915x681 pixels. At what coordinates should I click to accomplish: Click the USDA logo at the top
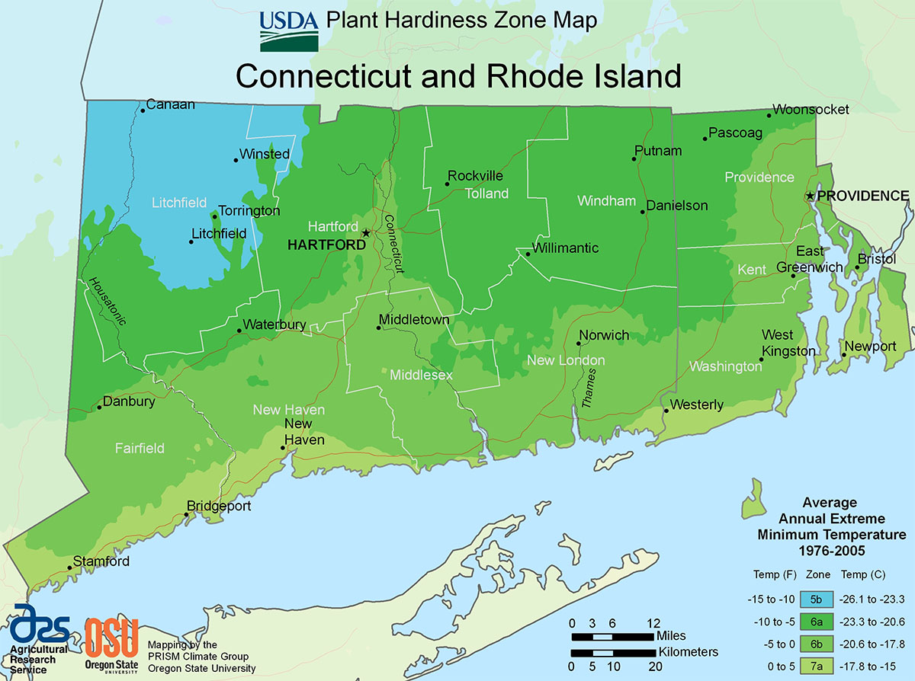[289, 30]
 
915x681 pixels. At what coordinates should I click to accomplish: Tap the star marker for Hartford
[366, 233]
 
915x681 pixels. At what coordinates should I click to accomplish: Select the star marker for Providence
[810, 196]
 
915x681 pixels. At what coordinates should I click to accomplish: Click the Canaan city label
[170, 104]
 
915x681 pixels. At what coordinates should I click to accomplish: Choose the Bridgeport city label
[220, 506]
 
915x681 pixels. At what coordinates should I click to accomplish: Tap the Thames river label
[588, 391]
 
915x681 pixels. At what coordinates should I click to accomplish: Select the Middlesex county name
[421, 376]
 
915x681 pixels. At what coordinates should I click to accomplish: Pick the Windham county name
[606, 201]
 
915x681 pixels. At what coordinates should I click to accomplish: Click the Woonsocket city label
[811, 110]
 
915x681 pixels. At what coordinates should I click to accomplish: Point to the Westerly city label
[696, 404]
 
